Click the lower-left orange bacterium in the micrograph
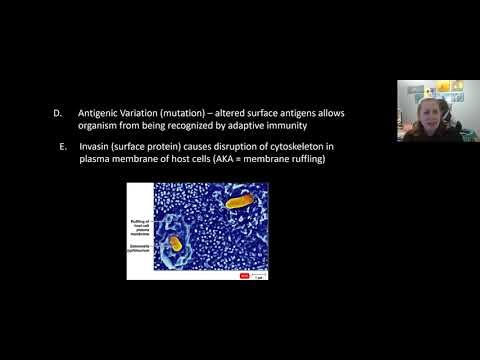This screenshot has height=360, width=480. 176,242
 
